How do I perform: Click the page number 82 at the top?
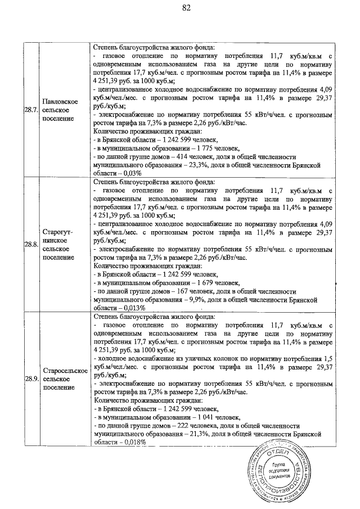coord(187,8)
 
